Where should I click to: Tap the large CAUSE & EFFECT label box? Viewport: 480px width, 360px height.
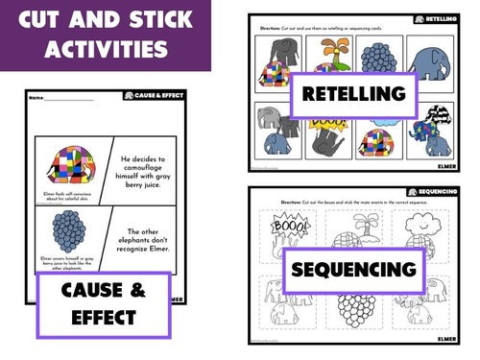[x=102, y=305]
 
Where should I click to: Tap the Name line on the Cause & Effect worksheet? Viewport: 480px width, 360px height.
[x=67, y=98]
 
